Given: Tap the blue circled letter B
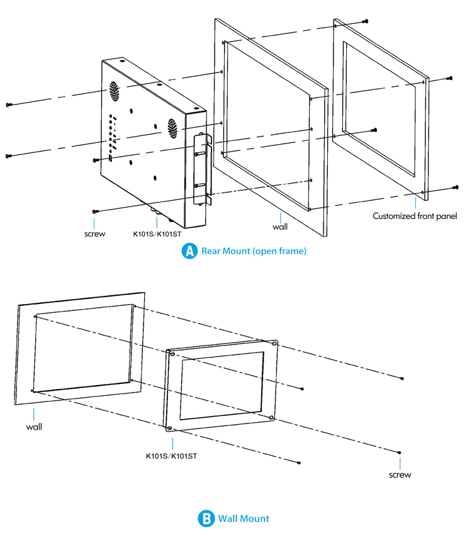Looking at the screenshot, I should pyautogui.click(x=206, y=519).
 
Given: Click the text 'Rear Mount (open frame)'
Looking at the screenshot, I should pyautogui.click(x=254, y=251).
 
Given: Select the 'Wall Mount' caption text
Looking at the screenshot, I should pyautogui.click(x=244, y=519).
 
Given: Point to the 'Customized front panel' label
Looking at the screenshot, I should pyautogui.click(x=414, y=216).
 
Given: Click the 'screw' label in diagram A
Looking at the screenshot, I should pyautogui.click(x=95, y=234).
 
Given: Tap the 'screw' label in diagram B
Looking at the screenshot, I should pyautogui.click(x=400, y=475).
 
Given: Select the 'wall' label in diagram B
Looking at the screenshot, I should pyautogui.click(x=34, y=427).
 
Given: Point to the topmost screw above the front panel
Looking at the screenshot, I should pyautogui.click(x=365, y=21).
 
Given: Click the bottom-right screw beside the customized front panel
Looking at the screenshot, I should pyautogui.click(x=454, y=188).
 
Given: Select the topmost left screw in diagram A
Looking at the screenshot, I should pyautogui.click(x=8, y=104).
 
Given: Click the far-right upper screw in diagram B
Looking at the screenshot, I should pyautogui.click(x=402, y=378).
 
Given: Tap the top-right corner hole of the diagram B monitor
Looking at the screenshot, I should pyautogui.click(x=274, y=344).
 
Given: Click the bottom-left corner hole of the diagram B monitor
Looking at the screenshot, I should pyautogui.click(x=170, y=428).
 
